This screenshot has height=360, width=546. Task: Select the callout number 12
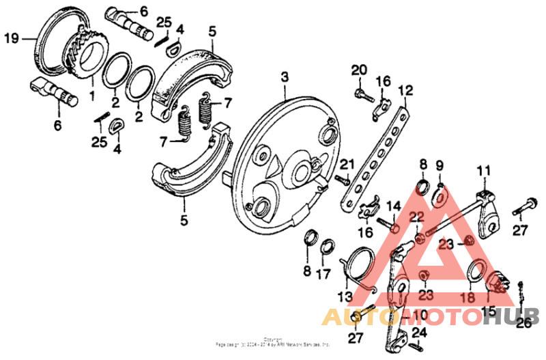(x=406, y=90)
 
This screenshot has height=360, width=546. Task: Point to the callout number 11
(x=484, y=171)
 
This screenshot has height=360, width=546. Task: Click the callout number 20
(x=359, y=70)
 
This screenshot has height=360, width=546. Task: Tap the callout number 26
(x=523, y=324)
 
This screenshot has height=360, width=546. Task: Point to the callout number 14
(x=394, y=206)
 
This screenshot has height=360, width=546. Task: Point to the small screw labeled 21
(x=341, y=179)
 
